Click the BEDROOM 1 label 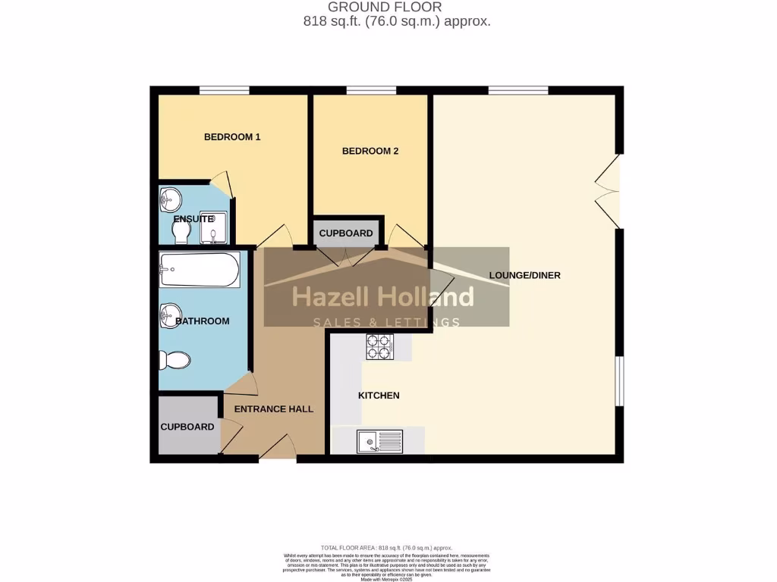[232, 137]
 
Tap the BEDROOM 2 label [370, 151]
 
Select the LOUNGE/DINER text [525, 275]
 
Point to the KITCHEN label [379, 396]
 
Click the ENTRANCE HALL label [274, 409]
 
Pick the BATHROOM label [202, 321]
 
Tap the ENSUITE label [193, 219]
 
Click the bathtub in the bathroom [200, 270]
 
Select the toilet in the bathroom [175, 360]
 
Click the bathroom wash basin [170, 314]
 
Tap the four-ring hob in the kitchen [381, 347]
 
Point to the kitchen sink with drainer [379, 440]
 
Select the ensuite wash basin [170, 200]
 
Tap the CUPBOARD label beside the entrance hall [187, 427]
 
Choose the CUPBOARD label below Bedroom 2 [346, 233]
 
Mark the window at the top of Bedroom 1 [225, 91]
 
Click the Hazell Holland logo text [383, 296]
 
